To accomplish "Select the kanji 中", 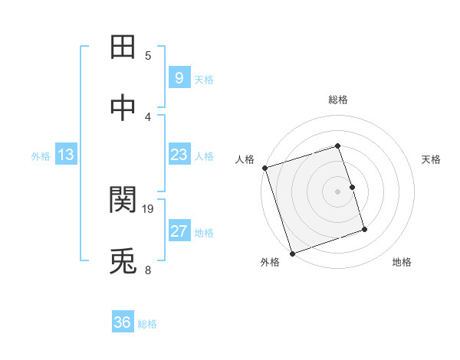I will (x=125, y=108).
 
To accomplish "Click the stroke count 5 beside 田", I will (x=148, y=55).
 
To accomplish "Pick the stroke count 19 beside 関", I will (x=149, y=208).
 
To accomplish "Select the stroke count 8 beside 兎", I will (x=148, y=270).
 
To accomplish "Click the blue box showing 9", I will (x=179, y=77).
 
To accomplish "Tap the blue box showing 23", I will (x=179, y=155).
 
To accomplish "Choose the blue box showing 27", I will (x=179, y=231).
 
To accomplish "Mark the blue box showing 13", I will (x=65, y=155).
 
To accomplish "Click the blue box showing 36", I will (x=122, y=322).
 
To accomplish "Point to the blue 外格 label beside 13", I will (x=41, y=156).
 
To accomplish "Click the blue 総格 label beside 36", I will (x=147, y=324).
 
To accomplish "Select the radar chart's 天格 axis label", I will (x=431, y=159).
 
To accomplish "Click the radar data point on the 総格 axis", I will (x=337, y=146).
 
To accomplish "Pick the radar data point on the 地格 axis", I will (x=364, y=229).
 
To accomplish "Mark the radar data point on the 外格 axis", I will (x=292, y=252).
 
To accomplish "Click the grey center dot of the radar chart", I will (x=337, y=191).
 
